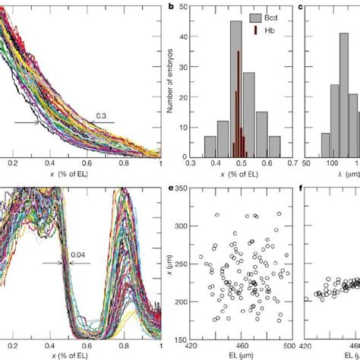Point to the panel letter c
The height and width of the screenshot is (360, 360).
point(303,8)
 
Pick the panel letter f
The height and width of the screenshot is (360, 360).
point(303,186)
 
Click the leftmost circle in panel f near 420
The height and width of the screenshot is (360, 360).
point(306,299)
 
